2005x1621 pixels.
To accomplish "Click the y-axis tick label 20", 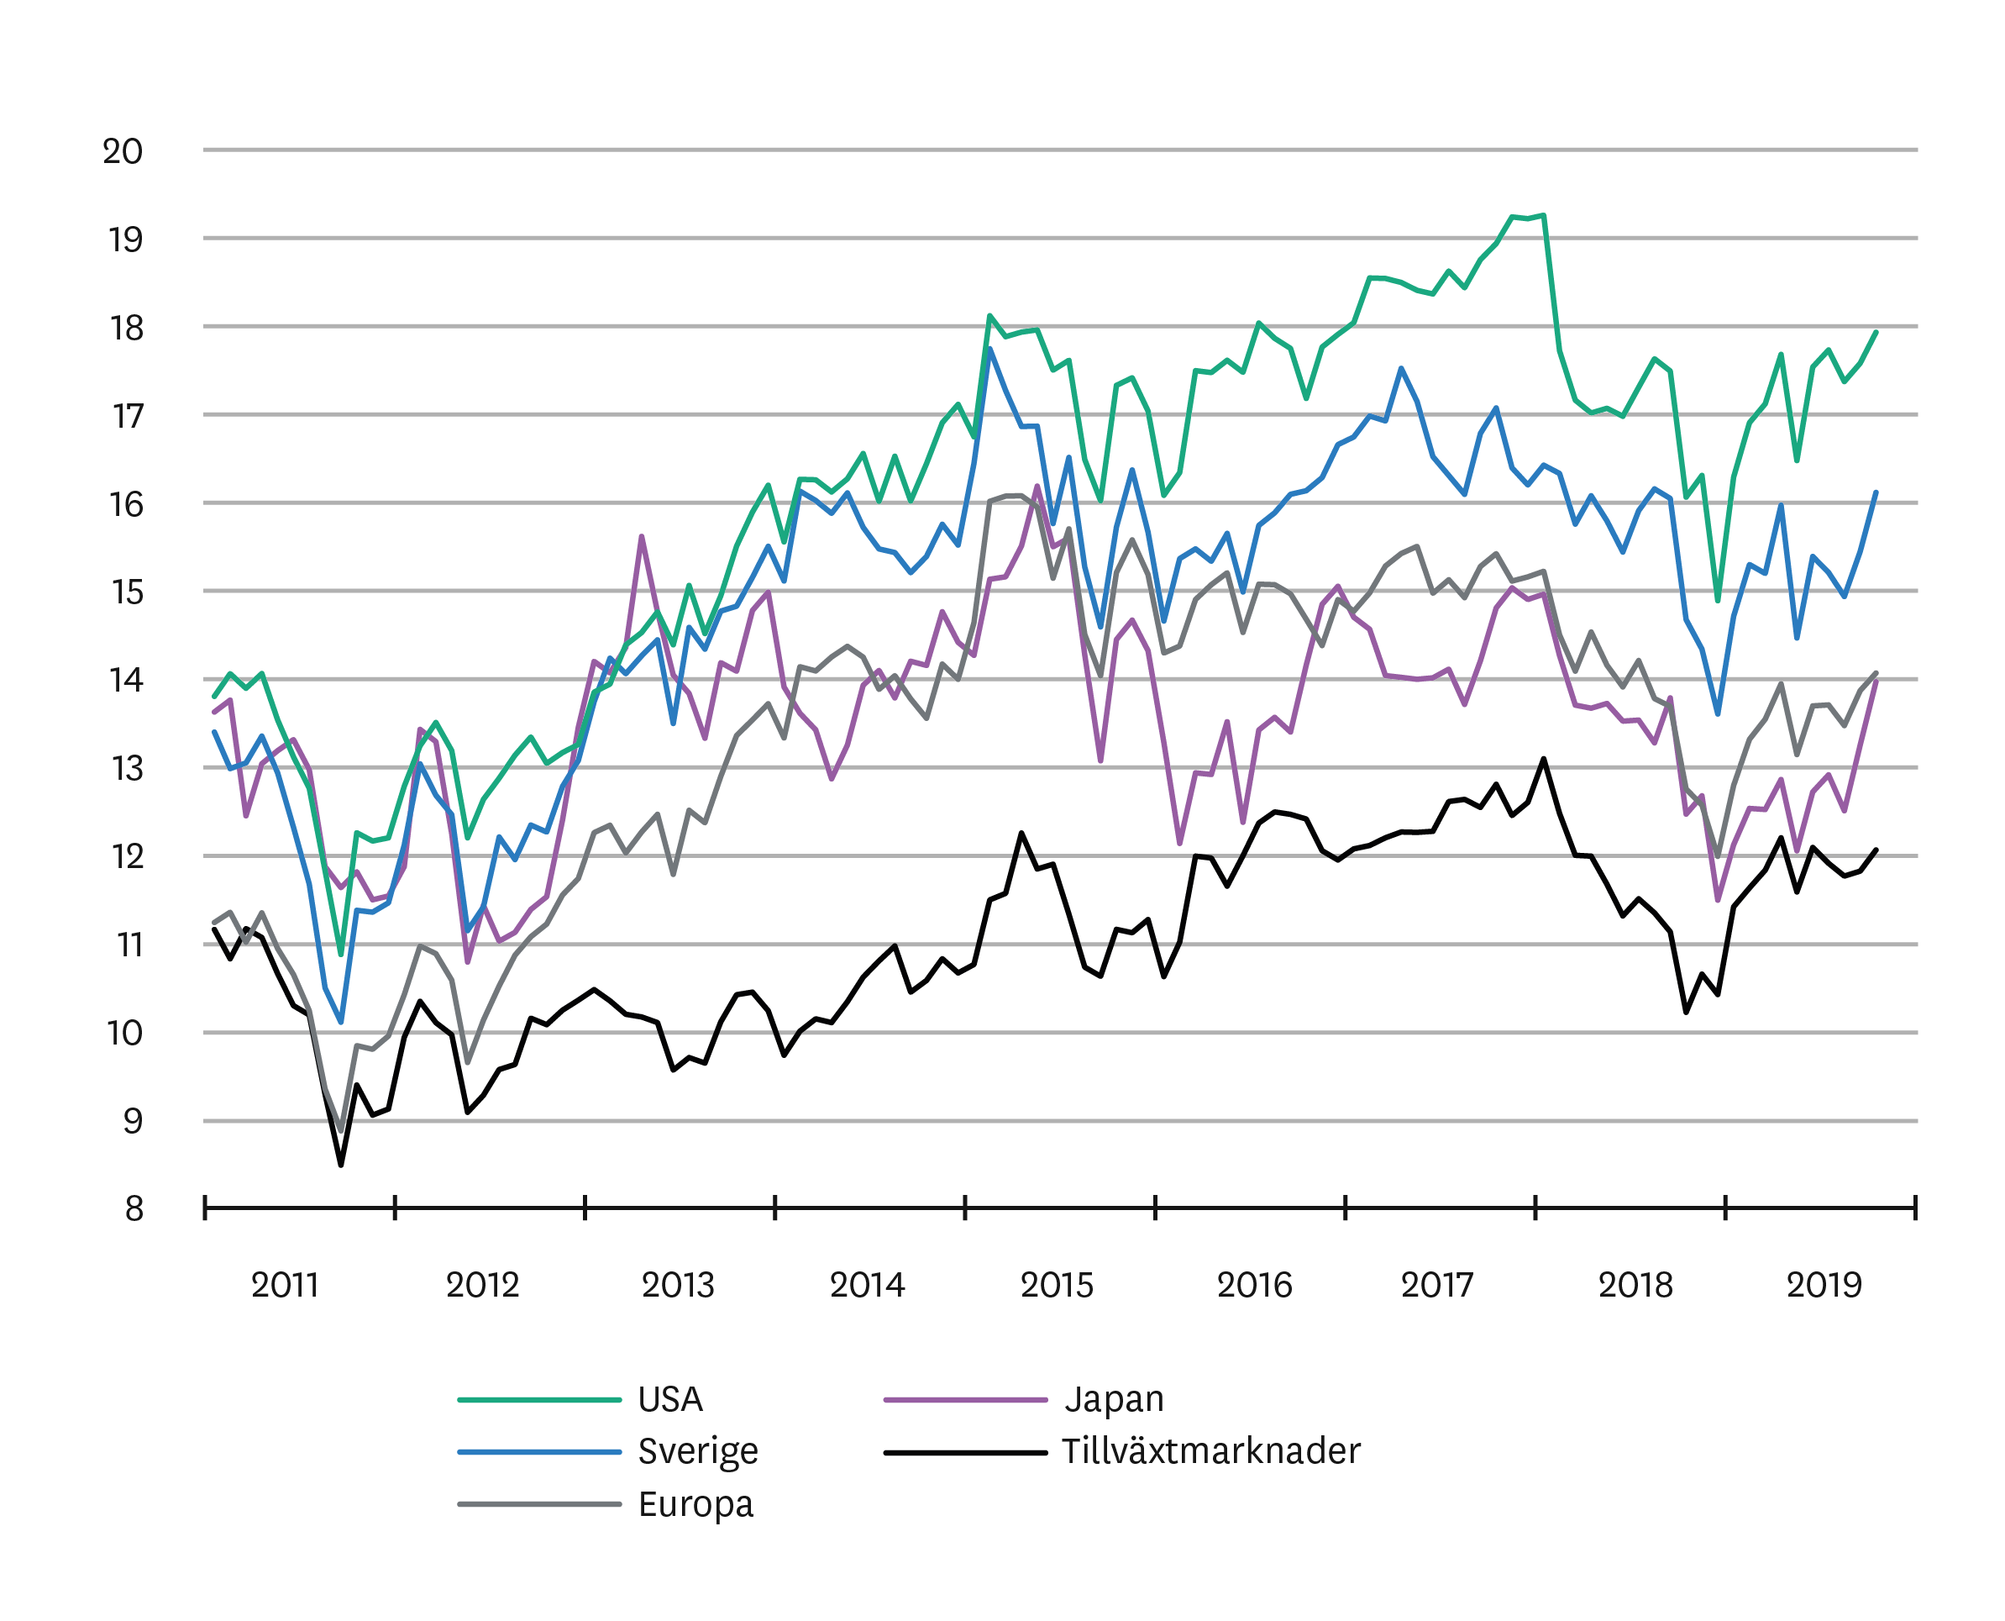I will (x=123, y=151).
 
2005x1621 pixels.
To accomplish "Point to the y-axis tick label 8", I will (x=134, y=1209).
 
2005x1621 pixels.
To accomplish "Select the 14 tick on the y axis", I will (x=126, y=681).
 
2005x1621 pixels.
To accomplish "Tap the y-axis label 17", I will (x=128, y=417).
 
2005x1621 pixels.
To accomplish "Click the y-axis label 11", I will (x=129, y=946).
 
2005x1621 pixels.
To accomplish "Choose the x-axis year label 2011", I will (x=285, y=1286).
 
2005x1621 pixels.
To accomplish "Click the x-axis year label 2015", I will (x=1057, y=1286).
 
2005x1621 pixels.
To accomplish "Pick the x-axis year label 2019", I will (x=1824, y=1286).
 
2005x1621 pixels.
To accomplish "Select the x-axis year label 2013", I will (x=678, y=1286).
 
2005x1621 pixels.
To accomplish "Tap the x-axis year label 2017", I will (x=1436, y=1286).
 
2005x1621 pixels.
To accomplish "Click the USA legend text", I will (x=670, y=1400).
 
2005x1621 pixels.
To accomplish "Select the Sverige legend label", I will (x=698, y=1452).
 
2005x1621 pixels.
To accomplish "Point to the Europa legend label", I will (x=695, y=1504).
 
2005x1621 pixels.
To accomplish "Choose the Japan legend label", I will (x=1115, y=1400).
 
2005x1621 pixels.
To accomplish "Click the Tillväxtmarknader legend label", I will (x=1210, y=1452).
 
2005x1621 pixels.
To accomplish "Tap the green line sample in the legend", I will (x=539, y=1400).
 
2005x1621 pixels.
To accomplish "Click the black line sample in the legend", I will (x=965, y=1452).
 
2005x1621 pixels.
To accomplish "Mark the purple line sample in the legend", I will (x=965, y=1400).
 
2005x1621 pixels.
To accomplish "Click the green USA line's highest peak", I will (x=1544, y=216).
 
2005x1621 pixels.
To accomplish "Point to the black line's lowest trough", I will (x=341, y=1165).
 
